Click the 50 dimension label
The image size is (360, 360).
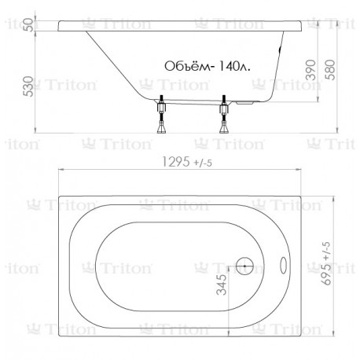tap(30, 25)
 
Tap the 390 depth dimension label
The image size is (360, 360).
tap(311, 70)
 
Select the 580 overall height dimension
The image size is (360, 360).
tap(330, 70)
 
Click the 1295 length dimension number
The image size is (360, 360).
tap(176, 162)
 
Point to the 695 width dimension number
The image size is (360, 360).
tap(326, 274)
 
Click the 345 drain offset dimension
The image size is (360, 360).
tap(222, 285)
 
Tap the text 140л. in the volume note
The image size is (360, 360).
tap(234, 66)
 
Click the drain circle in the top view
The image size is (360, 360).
tap(244, 266)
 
